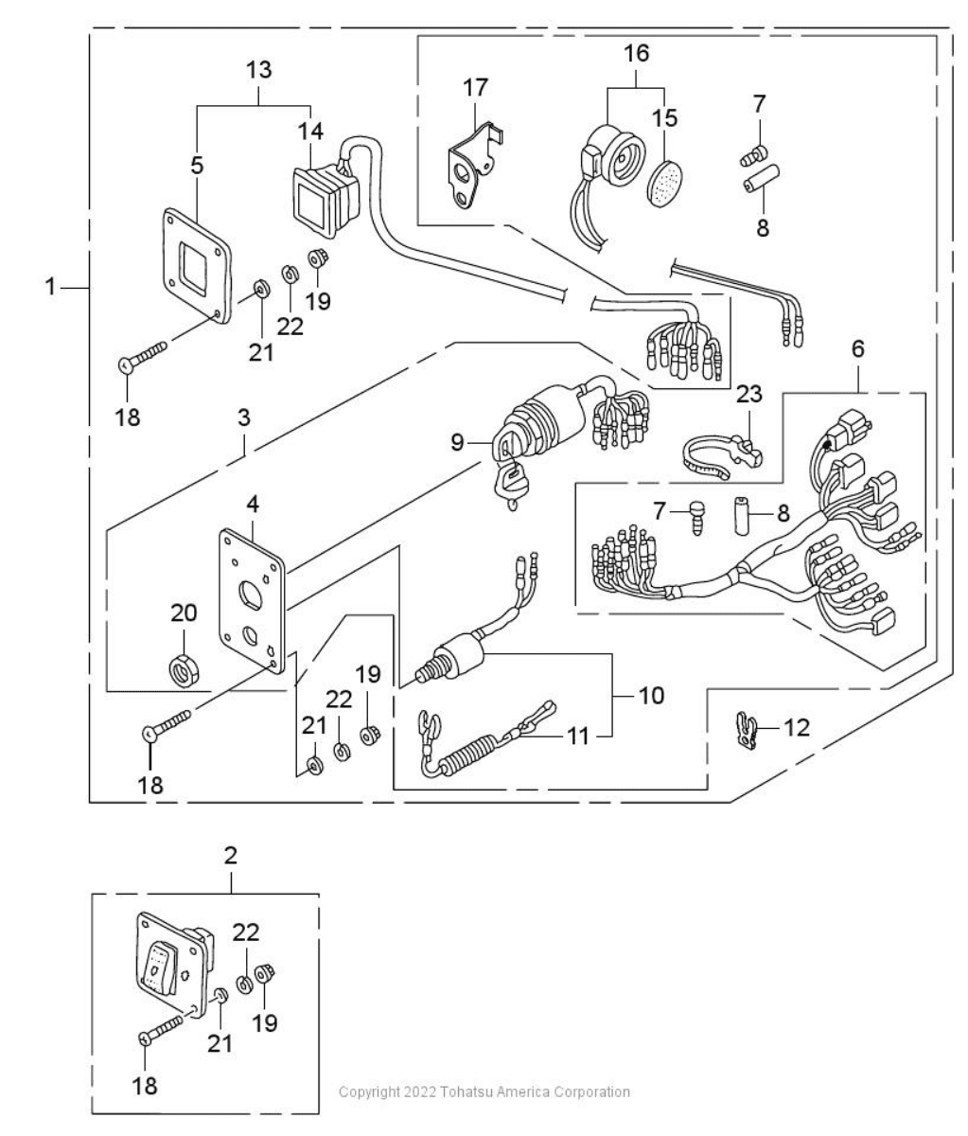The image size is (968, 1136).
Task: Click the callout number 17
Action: pos(475,87)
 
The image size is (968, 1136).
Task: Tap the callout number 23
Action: pos(749,394)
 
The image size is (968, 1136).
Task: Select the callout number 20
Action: pos(184,612)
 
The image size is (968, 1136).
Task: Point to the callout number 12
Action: pos(797,728)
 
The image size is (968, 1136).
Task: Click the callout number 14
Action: pos(310,132)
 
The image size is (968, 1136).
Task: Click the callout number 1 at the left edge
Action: pos(50,286)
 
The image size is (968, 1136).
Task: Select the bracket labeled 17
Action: pos(473,167)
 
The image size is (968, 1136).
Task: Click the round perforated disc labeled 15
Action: pos(663,183)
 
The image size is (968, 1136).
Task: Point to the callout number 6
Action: pos(858,348)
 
